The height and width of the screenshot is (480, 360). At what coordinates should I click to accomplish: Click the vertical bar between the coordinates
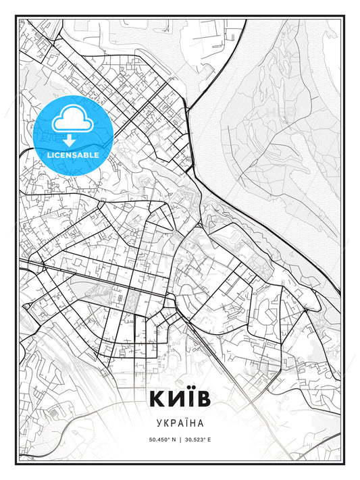[x=180, y=439]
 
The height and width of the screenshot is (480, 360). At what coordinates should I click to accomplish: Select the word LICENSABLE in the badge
[x=72, y=155]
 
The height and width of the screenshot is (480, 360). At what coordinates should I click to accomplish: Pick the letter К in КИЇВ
[x=157, y=398]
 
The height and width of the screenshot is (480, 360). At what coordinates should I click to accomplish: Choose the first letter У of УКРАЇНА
[x=157, y=424]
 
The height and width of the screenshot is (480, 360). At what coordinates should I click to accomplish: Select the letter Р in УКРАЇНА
[x=173, y=424]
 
